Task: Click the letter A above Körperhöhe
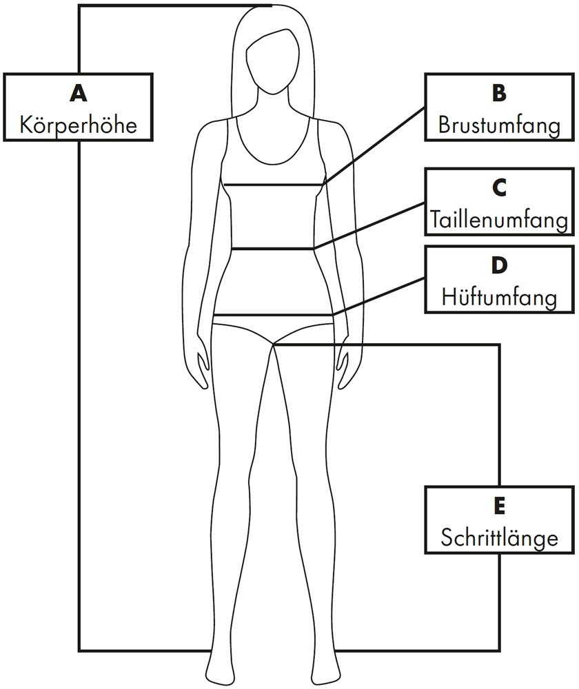tap(79, 93)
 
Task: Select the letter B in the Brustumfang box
tap(500, 93)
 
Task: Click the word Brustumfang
tap(499, 125)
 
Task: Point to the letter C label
tap(500, 187)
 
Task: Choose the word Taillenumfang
tap(500, 220)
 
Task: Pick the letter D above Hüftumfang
tap(500, 265)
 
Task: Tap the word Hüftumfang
tap(500, 298)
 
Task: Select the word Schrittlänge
tap(500, 537)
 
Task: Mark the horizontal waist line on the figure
tap(272, 248)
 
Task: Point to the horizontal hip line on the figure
tap(273, 316)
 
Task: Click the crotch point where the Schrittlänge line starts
tap(274, 344)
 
